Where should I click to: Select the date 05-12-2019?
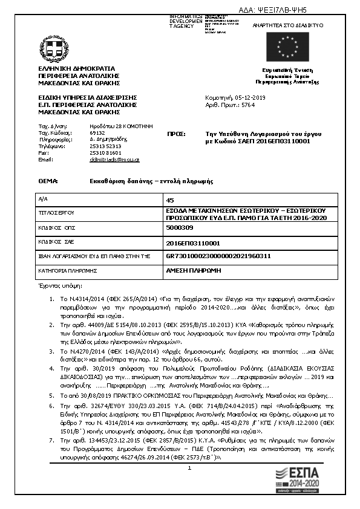(x=244, y=97)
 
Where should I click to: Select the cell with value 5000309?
(x=179, y=227)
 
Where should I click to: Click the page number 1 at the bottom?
(x=189, y=468)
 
